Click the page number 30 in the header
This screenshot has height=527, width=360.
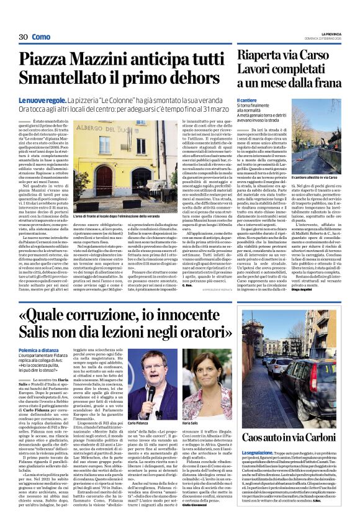tap(24, 37)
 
